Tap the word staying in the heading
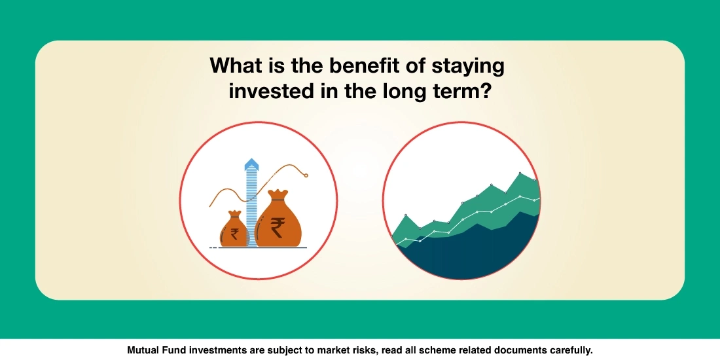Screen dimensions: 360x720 coord(470,67)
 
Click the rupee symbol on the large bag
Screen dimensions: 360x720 coord(278,227)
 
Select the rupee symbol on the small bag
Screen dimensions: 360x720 coord(234,233)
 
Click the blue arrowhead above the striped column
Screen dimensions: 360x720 coord(250,164)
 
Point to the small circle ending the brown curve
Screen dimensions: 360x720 coord(306,174)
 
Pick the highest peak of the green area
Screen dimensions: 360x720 coord(520,173)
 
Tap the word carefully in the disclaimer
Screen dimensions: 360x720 coord(569,350)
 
